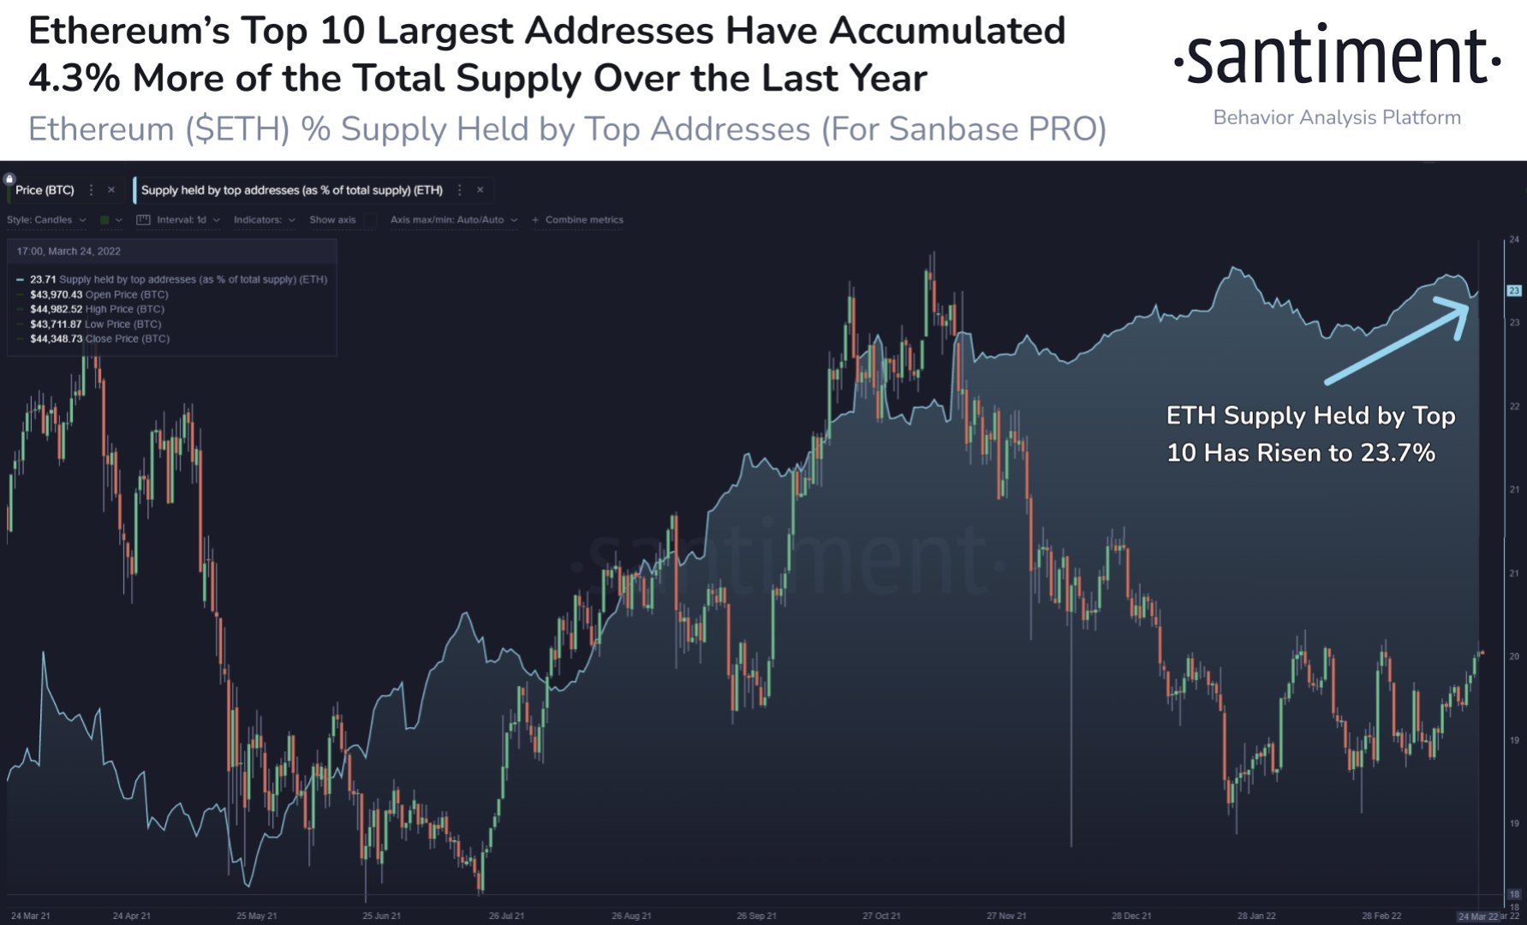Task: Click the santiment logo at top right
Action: pos(1336,57)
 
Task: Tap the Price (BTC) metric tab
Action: pos(45,190)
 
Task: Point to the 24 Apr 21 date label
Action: pos(132,916)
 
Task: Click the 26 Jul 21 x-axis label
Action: pos(506,916)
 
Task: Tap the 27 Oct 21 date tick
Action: pos(881,916)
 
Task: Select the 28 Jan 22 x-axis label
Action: pos(1256,916)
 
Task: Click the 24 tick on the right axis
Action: pos(1514,240)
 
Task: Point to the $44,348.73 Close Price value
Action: pos(57,339)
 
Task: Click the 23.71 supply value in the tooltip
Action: pos(43,279)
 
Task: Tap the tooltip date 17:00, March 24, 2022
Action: pos(69,251)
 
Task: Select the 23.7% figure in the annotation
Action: pos(1398,452)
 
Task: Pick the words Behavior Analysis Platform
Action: pos(1337,117)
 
